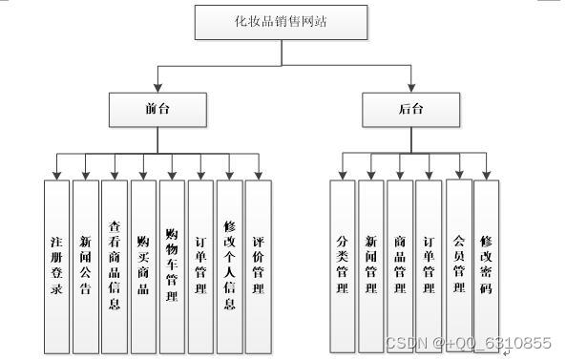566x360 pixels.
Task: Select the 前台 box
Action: tap(157, 109)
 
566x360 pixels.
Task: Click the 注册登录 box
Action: tap(57, 265)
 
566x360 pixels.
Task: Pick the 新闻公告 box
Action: tap(86, 265)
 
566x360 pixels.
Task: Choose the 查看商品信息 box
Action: tap(115, 265)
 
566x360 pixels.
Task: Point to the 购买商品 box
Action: tap(143, 265)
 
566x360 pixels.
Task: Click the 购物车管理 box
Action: tap(172, 265)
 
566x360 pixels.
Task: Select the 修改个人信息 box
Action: tap(229, 265)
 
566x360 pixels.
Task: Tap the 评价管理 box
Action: tap(258, 265)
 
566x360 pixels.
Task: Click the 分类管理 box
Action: tap(343, 265)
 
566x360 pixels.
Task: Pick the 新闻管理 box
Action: tap(371, 265)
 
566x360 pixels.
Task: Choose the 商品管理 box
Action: tap(400, 265)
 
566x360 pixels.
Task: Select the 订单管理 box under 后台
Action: tap(429, 265)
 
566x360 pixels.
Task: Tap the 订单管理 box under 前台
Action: tap(200, 265)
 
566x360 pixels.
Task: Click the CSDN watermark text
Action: tap(468, 343)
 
